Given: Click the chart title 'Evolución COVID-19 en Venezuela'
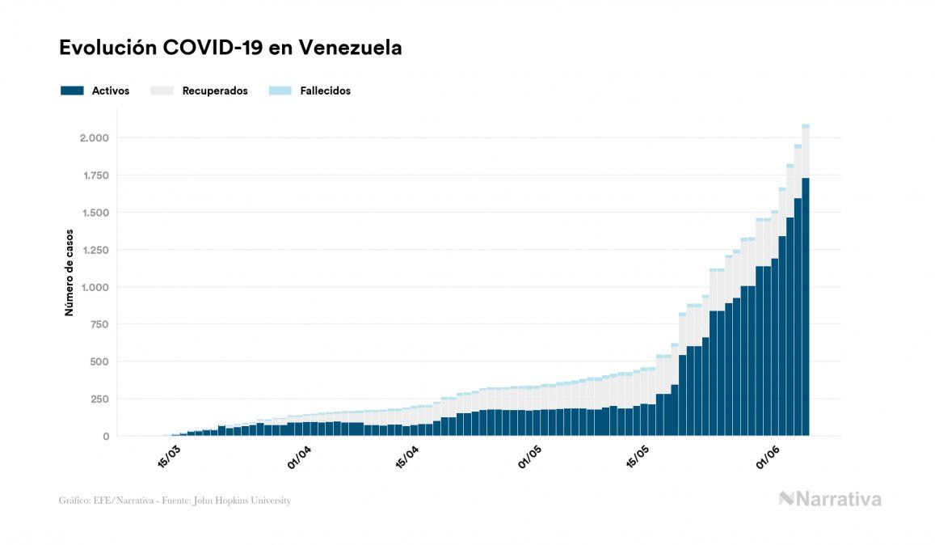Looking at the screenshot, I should click(x=230, y=49).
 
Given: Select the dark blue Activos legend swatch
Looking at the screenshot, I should click(x=72, y=91).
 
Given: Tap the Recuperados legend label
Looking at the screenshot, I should click(x=215, y=91).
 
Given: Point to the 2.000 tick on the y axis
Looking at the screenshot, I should click(x=94, y=138).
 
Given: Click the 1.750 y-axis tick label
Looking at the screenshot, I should click(x=94, y=175).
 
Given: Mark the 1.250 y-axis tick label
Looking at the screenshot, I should click(x=94, y=250).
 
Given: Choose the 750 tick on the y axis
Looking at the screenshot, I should click(x=99, y=324).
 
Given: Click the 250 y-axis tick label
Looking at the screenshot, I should click(x=99, y=399).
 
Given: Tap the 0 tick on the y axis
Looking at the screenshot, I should click(x=105, y=437).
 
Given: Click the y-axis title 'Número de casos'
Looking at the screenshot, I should click(x=69, y=272).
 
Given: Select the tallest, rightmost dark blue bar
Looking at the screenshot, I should click(x=806, y=307).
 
